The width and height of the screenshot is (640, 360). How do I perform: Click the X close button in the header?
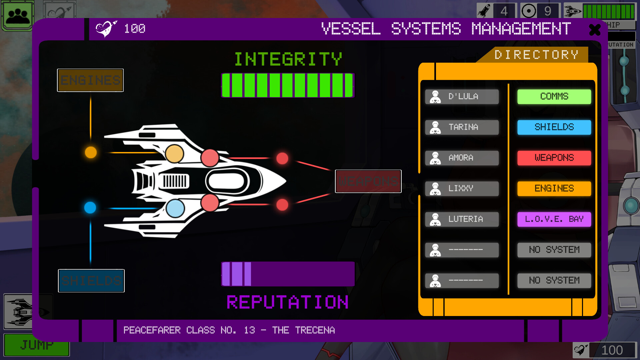coord(595,30)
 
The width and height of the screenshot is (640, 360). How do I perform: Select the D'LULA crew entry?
coord(462,97)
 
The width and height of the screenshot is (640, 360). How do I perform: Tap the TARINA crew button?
coord(462,127)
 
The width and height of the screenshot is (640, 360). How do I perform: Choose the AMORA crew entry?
coord(462,158)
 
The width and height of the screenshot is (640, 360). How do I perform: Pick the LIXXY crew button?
coord(462,189)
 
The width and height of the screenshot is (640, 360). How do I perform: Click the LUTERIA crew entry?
coord(462,219)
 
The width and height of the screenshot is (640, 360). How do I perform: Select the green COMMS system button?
coord(554,97)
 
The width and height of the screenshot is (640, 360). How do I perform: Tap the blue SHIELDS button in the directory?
coord(554,127)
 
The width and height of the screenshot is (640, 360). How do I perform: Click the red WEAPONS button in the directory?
coord(554,158)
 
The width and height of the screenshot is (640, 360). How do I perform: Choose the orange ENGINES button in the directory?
coord(554,189)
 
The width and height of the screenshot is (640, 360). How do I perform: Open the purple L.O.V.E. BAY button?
coord(554,219)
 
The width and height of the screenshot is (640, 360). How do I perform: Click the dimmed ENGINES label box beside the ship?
coord(90,80)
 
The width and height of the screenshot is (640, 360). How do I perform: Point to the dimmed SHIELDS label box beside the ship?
coord(91,281)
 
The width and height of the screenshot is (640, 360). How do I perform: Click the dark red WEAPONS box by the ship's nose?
coord(368,181)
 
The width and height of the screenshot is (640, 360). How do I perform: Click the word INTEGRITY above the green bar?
coord(288,59)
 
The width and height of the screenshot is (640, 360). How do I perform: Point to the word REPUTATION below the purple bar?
coord(287,302)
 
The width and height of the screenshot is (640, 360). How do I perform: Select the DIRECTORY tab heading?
coord(536,55)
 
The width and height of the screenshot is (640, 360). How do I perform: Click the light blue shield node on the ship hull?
coord(175,208)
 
